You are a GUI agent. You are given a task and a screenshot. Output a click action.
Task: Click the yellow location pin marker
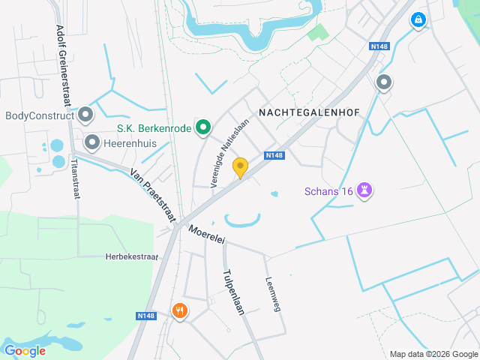pos(240,167)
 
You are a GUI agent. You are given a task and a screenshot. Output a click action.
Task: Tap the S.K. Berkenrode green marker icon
pos(202,128)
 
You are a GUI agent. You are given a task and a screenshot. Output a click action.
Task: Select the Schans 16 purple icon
pos(365,190)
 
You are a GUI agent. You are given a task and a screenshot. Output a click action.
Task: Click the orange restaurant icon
pos(179,310)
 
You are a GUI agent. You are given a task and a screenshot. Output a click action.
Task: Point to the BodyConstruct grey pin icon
pos(85,115)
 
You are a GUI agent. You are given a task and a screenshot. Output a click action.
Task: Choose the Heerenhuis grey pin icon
pos(92,141)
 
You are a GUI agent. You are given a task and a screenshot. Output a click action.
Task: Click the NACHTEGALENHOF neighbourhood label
pos(309,112)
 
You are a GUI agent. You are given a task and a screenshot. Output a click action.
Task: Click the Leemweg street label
pos(272,294)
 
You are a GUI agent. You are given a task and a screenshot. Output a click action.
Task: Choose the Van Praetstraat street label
pos(151,193)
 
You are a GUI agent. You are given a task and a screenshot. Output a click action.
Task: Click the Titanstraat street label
pos(74,178)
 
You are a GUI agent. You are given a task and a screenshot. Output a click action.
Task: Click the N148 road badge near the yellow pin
pos(274,155)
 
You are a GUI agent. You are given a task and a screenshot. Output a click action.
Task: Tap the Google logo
pos(25,350)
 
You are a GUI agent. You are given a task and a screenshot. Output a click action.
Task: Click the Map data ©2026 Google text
pos(433,354)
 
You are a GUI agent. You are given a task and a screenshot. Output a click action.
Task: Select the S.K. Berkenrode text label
pos(154,128)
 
